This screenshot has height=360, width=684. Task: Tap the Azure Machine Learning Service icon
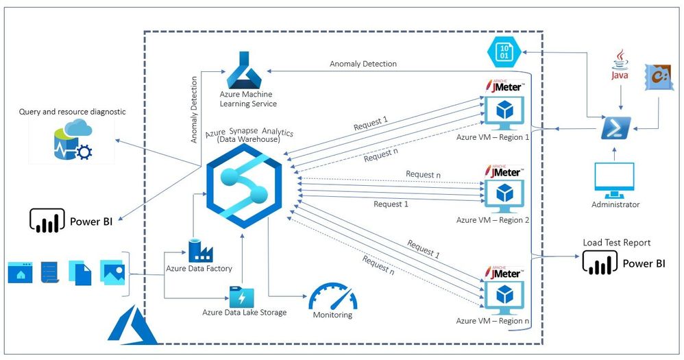click(x=247, y=69)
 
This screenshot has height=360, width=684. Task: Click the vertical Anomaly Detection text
click(x=193, y=109)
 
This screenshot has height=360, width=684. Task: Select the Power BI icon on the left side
click(x=47, y=221)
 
